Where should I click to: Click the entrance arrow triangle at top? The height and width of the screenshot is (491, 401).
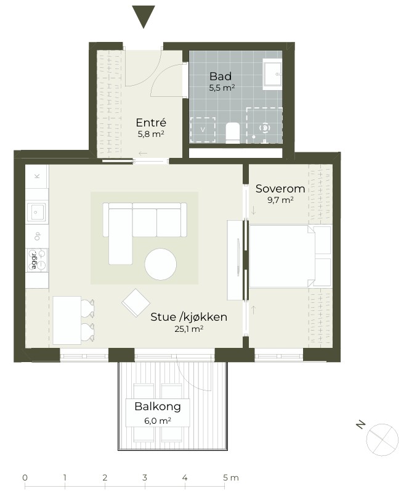coord(144,15)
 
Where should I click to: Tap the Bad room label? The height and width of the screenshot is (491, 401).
coord(221,76)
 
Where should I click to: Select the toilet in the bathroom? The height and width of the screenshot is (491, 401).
coord(232,133)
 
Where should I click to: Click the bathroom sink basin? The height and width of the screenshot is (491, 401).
coord(272,75)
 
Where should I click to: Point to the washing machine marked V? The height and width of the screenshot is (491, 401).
coord(203,130)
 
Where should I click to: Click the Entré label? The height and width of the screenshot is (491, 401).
coord(151,122)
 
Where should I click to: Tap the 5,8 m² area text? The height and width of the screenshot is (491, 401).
coord(151,134)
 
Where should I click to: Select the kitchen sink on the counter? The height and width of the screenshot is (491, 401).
coord(36,212)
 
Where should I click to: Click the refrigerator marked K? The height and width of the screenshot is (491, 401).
coord(37,176)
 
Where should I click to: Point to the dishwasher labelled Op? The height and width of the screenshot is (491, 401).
coord(37,236)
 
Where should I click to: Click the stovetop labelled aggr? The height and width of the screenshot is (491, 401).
coord(37,260)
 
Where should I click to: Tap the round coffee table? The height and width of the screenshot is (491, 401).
coord(161,264)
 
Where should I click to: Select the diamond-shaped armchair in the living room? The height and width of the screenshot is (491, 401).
coord(136,303)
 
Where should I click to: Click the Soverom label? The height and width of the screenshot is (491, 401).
coord(280,189)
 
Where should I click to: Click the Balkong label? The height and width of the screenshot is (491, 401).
coord(158,406)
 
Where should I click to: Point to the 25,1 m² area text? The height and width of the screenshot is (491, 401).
coord(189,329)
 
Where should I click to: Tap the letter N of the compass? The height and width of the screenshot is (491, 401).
coord(361,425)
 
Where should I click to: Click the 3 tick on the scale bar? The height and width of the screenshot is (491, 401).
coord(145,485)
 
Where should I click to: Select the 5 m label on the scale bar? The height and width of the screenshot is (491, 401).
coord(231,477)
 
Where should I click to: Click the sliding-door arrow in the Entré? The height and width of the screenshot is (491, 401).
coord(143,154)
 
